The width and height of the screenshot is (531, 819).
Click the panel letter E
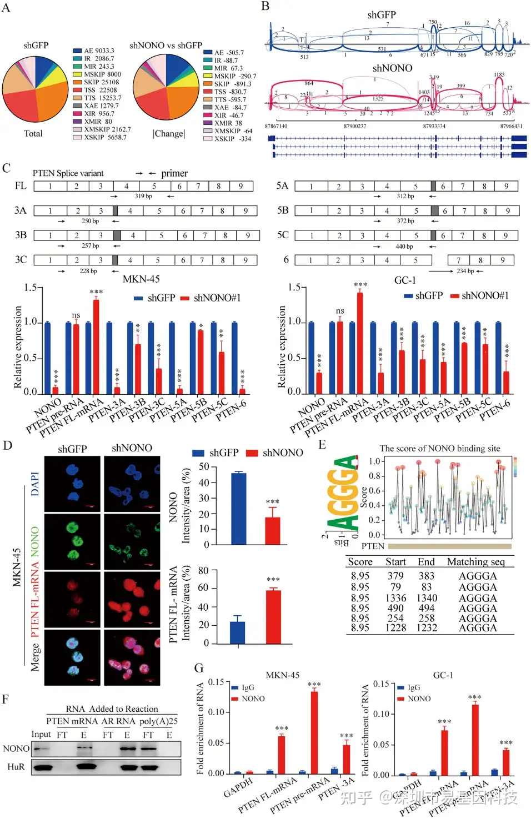click(322, 445)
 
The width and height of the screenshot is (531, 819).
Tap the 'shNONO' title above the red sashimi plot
click(392, 68)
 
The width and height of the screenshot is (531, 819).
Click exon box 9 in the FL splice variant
click(241, 186)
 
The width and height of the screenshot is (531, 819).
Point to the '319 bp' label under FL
click(143, 196)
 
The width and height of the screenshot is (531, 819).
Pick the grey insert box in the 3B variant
click(117, 235)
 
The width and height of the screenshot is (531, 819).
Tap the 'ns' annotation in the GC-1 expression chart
click(340, 311)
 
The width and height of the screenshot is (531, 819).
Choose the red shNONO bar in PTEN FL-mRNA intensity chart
click(273, 616)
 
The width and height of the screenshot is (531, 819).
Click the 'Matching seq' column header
click(475, 561)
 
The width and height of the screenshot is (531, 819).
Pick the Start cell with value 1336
click(395, 598)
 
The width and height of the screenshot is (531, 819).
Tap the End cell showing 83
click(426, 587)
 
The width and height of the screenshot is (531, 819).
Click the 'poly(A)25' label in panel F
click(158, 721)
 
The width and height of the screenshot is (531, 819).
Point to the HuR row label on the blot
click(16, 767)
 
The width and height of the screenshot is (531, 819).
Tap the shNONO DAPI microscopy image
click(132, 484)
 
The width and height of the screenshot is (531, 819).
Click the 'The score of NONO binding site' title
click(439, 448)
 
